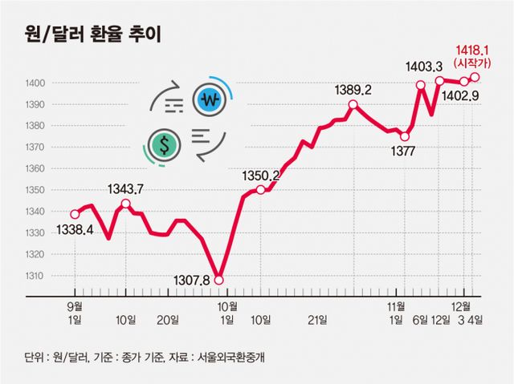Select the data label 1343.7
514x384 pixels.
pos(125,188)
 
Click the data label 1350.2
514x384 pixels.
pos(261,176)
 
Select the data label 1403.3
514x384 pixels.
pos(426,68)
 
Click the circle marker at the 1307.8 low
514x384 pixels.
pos(219,279)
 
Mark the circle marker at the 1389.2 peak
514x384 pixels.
pos(353,105)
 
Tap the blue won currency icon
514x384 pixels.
pos(210,100)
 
